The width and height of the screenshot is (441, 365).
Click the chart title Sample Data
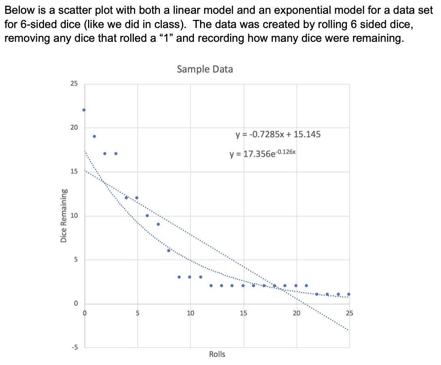pyautogui.click(x=205, y=69)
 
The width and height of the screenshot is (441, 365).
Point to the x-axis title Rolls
pyautogui.click(x=217, y=354)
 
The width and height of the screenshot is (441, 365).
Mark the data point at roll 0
pyautogui.click(x=84, y=110)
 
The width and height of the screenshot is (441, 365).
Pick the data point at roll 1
pyautogui.click(x=94, y=136)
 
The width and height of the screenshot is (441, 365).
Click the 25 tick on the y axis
pyautogui.click(x=73, y=84)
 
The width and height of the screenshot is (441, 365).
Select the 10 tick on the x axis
pyautogui.click(x=190, y=313)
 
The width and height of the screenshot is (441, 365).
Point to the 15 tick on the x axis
pyautogui.click(x=243, y=313)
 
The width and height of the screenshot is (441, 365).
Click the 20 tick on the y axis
pyautogui.click(x=73, y=127)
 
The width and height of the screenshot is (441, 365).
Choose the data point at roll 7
pyautogui.click(x=158, y=224)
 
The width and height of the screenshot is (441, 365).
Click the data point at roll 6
pyautogui.click(x=147, y=215)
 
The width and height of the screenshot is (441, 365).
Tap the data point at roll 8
pyautogui.click(x=169, y=251)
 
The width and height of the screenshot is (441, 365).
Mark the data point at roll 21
pyautogui.click(x=306, y=285)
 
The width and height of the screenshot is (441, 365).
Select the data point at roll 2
pyautogui.click(x=105, y=153)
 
